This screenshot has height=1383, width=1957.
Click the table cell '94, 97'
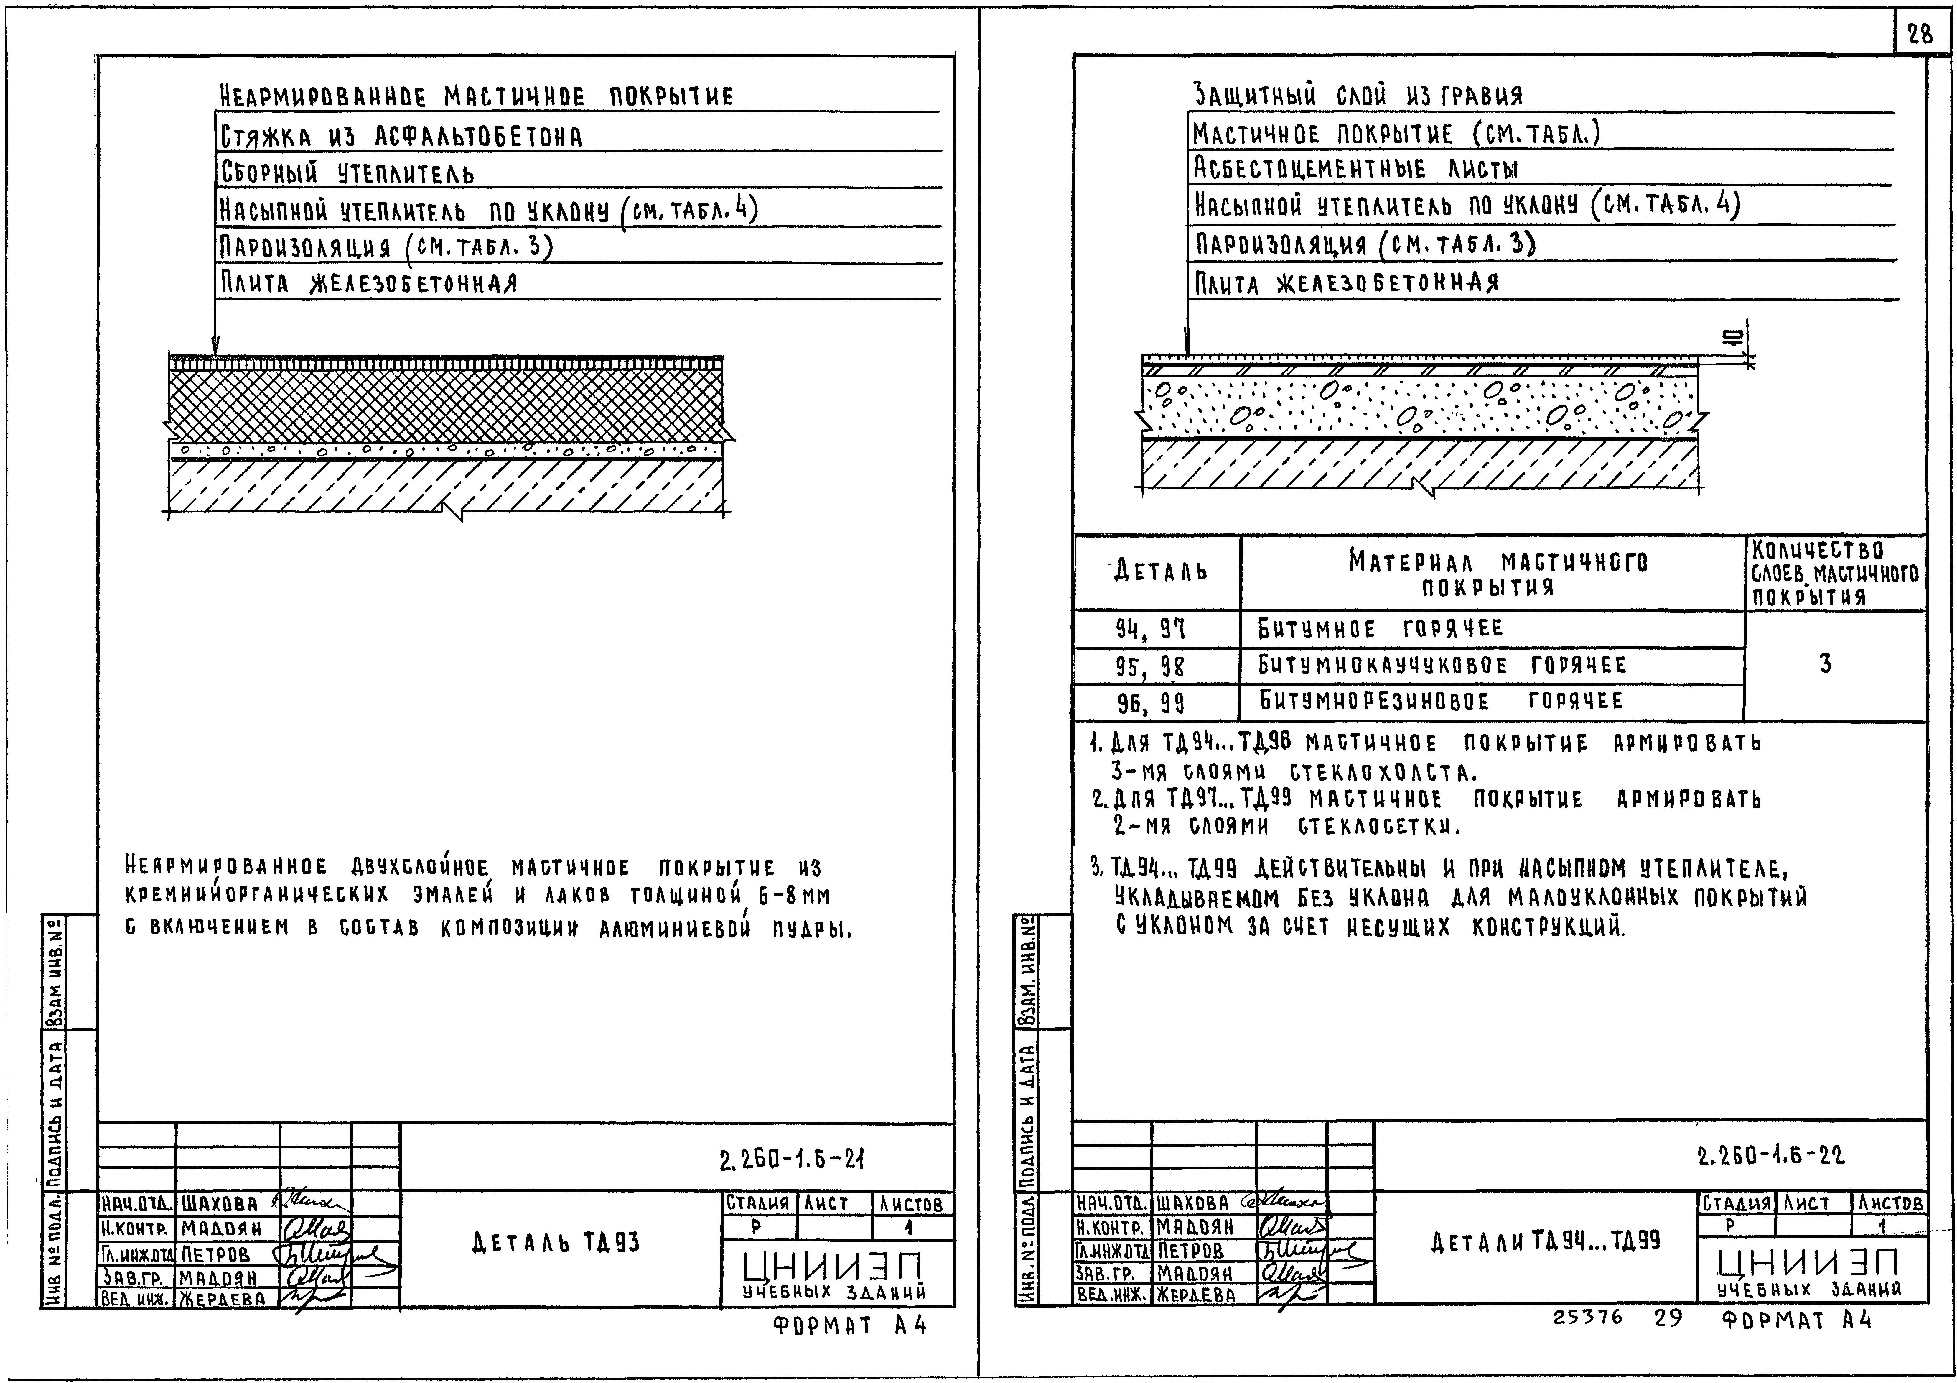pyautogui.click(x=1151, y=630)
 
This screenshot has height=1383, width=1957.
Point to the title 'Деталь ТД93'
pyautogui.click(x=555, y=1243)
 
